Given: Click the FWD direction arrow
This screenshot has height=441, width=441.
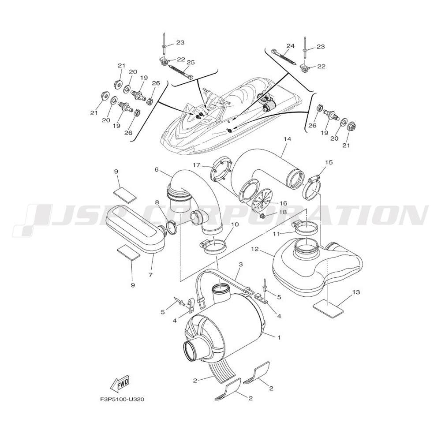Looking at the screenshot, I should click(x=120, y=385).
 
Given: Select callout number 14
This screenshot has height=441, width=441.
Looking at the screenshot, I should click(x=287, y=139).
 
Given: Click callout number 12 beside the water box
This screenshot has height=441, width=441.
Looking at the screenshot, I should click(x=254, y=249).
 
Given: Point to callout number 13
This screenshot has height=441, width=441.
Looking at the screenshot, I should click(x=356, y=292).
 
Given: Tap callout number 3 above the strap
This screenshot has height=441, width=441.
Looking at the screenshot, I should click(x=241, y=264).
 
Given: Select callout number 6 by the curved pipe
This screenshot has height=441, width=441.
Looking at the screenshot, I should click(x=157, y=169).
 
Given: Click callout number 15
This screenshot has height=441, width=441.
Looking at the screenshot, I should click(x=329, y=162).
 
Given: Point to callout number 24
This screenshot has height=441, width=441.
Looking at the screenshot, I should click(x=290, y=46).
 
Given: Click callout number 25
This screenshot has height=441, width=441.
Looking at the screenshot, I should click(x=191, y=62).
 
